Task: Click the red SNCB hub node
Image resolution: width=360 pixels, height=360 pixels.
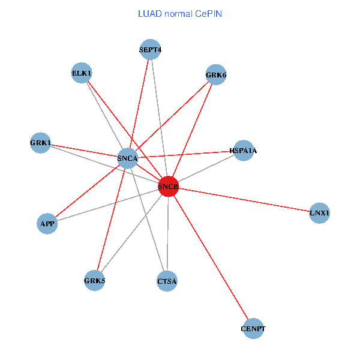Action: (x=169, y=187)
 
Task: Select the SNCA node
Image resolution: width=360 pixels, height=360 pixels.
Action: (x=128, y=158)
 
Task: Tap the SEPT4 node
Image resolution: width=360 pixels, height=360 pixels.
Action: (x=151, y=49)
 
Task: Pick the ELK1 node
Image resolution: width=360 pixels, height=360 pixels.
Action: (x=82, y=73)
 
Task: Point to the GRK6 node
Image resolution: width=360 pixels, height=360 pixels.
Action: (x=215, y=75)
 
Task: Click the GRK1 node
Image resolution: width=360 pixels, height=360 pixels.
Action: (x=41, y=143)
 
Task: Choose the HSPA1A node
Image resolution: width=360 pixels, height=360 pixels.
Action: (x=243, y=151)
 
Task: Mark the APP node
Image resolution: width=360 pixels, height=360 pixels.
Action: (x=47, y=224)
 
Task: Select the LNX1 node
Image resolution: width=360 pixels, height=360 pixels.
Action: (x=320, y=213)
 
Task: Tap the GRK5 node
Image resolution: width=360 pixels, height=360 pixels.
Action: (x=95, y=280)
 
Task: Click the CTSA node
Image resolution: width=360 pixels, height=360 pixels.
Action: (x=167, y=281)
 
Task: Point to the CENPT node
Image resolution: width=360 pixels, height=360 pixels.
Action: (x=253, y=328)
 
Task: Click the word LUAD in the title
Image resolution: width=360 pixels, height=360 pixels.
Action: (x=149, y=13)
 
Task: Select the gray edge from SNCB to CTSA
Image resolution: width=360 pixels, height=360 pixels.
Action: (x=168, y=234)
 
